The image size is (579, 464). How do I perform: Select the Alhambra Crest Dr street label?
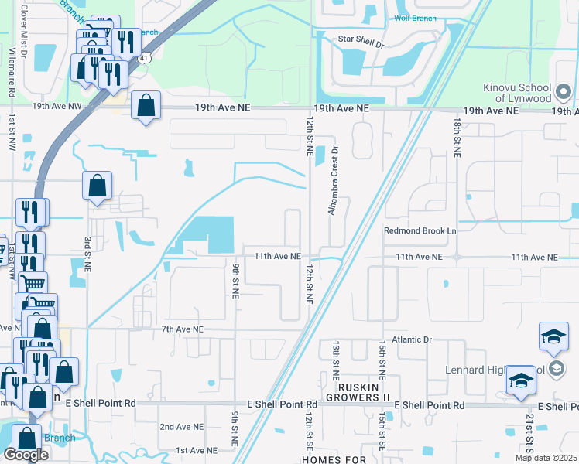click(x=334, y=180)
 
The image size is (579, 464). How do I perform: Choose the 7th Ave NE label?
click(x=182, y=329)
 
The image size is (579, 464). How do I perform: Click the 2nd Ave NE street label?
click(x=181, y=427)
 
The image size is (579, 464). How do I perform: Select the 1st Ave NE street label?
click(x=194, y=450)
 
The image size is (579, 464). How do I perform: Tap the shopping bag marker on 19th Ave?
click(x=146, y=105)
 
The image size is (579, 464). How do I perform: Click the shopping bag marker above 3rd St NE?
click(x=98, y=186)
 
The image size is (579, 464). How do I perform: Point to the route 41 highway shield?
click(x=144, y=58)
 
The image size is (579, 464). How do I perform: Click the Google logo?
click(x=26, y=454)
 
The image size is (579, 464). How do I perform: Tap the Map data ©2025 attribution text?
click(x=546, y=458)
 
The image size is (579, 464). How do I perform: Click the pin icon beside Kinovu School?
click(x=564, y=94)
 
